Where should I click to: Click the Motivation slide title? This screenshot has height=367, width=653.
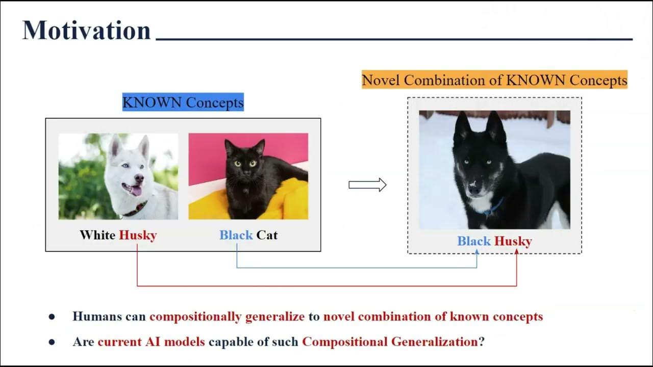pos(86,31)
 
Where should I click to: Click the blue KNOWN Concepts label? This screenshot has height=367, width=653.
pos(183,102)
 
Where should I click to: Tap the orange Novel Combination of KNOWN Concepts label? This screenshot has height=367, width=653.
pos(494,80)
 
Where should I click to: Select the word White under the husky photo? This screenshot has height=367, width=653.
pos(97,235)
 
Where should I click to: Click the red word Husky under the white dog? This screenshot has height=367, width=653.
pos(138,235)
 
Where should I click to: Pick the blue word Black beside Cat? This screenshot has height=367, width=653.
pos(236,235)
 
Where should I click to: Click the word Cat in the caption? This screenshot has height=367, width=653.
pos(267,235)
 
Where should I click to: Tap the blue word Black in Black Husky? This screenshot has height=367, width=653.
pos(474,241)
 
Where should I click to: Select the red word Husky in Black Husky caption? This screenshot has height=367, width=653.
pos(513,241)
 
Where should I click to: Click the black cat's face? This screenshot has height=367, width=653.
pos(244,163)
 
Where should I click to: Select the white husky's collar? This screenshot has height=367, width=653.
pos(135,209)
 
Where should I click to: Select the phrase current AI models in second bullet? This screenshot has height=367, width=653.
pos(151,342)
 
